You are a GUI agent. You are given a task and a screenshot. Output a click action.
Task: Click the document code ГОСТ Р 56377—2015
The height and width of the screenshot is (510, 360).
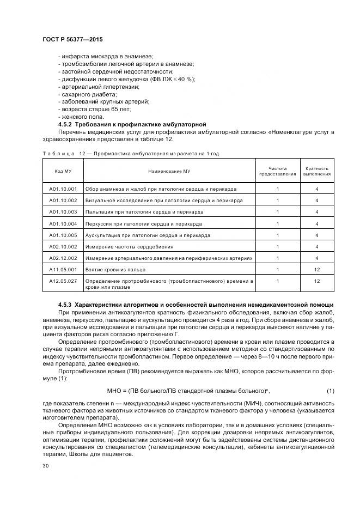pyautogui.click(x=72, y=40)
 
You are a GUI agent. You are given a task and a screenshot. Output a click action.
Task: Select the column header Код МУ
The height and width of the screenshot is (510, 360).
pyautogui.click(x=63, y=171)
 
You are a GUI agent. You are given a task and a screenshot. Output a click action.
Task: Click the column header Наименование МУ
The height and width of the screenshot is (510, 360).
pyautogui.click(x=169, y=171)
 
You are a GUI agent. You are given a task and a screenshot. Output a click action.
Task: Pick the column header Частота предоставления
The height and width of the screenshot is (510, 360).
pyautogui.click(x=277, y=171)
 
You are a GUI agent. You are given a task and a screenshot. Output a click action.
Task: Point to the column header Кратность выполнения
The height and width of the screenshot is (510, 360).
pyautogui.click(x=316, y=171)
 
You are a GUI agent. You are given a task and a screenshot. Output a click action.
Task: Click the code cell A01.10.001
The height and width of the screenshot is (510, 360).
pyautogui.click(x=63, y=189)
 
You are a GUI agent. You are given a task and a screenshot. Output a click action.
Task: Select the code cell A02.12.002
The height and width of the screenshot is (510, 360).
pyautogui.click(x=63, y=258)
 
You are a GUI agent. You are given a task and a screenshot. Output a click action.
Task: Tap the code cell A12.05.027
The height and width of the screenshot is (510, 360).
pyautogui.click(x=63, y=281)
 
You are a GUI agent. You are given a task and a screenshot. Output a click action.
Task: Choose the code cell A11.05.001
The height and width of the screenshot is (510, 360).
pyautogui.click(x=63, y=269)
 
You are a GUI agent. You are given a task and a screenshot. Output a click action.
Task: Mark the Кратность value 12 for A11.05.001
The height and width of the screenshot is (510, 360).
pyautogui.click(x=316, y=269)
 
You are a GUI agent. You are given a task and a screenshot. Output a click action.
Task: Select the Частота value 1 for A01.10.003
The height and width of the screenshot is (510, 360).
pyautogui.click(x=277, y=212)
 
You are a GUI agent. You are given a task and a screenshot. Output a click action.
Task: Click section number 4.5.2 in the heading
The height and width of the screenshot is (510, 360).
pyautogui.click(x=65, y=124)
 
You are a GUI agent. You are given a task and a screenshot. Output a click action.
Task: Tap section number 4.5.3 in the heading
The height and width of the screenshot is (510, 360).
pyautogui.click(x=65, y=303)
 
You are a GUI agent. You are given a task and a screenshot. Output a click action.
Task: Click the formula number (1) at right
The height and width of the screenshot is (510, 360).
pyautogui.click(x=330, y=391)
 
